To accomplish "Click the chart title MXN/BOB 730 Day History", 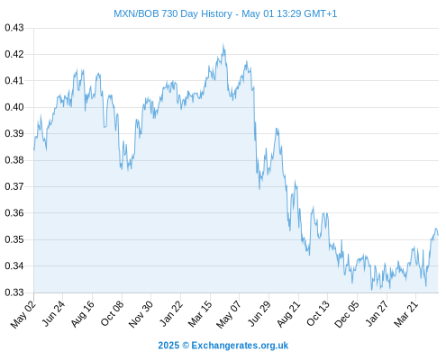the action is [x=173, y=13].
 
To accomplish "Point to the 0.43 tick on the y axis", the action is [x=14, y=28].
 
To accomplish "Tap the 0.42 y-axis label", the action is [x=14, y=54].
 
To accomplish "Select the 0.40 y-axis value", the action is [x=14, y=107].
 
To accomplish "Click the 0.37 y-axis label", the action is [x=14, y=186].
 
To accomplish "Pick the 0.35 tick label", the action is [x=14, y=239].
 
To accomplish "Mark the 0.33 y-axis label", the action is [x=14, y=292].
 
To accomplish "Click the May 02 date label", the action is [x=23, y=314].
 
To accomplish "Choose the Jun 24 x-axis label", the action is [x=53, y=313].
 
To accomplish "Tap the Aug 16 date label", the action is [x=82, y=313].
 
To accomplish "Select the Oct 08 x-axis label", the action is [x=112, y=313].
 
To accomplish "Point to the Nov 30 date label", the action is [x=141, y=314].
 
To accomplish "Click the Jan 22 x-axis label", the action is [x=171, y=313].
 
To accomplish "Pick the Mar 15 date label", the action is [x=200, y=314].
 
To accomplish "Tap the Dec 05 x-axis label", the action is [x=346, y=314].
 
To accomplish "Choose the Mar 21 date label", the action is [x=405, y=313].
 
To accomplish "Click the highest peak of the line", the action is [x=223, y=44].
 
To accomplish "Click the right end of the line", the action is [x=438, y=235].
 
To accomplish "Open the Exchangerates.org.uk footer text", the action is [x=240, y=346].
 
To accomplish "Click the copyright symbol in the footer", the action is [x=186, y=346].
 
